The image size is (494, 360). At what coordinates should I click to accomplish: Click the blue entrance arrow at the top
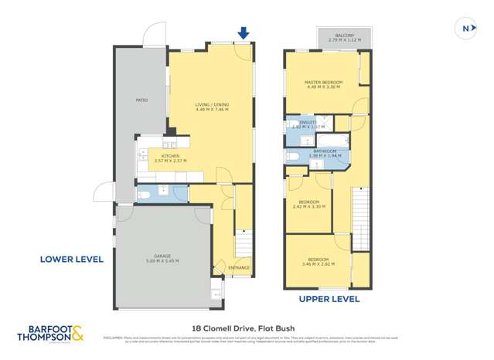(244, 32)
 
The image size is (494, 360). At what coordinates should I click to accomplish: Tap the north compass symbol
(465, 29)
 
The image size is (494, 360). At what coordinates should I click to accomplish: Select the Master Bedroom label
(323, 84)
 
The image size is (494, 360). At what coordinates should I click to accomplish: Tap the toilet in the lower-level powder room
(144, 194)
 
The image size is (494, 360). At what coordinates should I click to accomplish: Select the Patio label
(141, 100)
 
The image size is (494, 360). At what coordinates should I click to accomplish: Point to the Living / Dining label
(210, 107)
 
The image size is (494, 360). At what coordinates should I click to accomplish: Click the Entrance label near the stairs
(238, 267)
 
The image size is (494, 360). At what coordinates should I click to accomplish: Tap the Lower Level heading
(71, 260)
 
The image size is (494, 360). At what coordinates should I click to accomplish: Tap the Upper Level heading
(329, 297)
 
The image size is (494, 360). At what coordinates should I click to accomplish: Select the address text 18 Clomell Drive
(246, 327)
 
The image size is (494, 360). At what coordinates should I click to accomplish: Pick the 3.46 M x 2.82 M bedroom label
(318, 261)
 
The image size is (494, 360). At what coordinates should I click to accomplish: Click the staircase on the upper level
(362, 220)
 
